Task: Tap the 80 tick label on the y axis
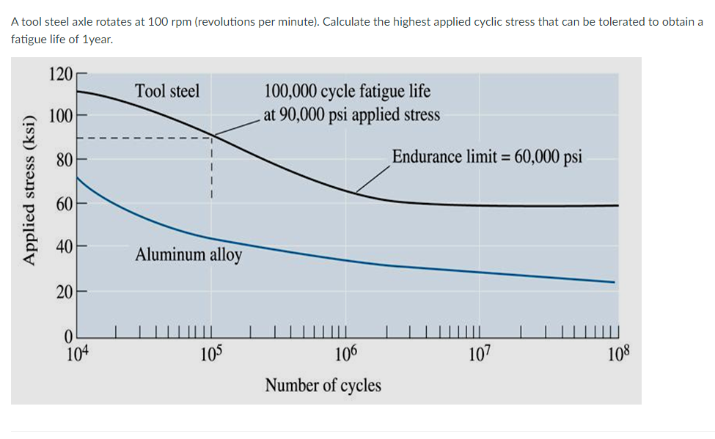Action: pyautogui.click(x=64, y=158)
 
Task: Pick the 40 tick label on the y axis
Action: pyautogui.click(x=64, y=246)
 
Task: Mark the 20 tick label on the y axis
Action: pyautogui.click(x=64, y=292)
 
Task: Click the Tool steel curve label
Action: pyautogui.click(x=167, y=92)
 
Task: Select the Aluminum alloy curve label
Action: pyautogui.click(x=188, y=256)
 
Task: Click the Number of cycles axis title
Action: pyautogui.click(x=323, y=385)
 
